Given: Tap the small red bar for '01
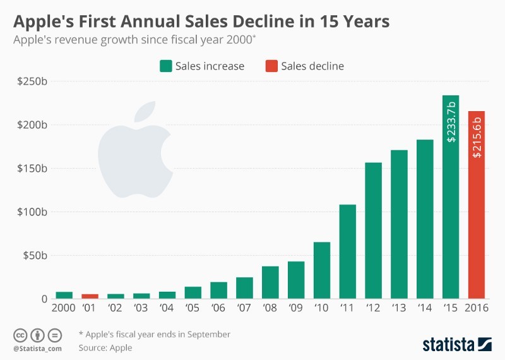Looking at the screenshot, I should point(90,296).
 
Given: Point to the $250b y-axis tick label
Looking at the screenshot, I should point(33,81).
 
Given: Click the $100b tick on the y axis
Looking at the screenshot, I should point(33,212).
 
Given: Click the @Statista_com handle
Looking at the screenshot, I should point(37,347).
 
